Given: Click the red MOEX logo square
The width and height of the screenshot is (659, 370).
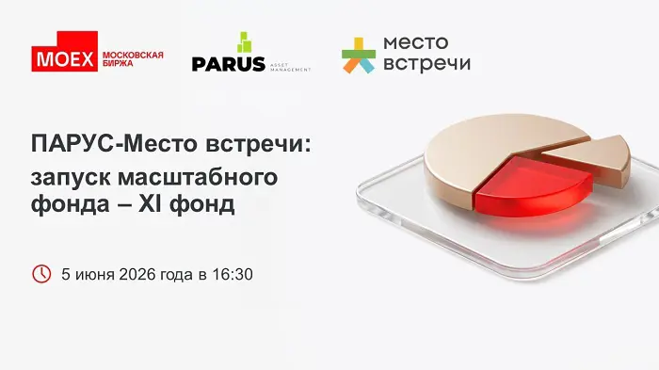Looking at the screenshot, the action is click(x=64, y=51).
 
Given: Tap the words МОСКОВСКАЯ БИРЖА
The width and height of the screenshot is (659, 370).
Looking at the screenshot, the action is click(x=133, y=59).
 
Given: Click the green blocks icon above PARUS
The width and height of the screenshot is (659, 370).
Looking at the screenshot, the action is click(x=244, y=42).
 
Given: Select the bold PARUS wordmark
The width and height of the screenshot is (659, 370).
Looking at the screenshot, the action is click(x=228, y=64).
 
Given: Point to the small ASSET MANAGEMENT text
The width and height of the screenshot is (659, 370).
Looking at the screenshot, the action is click(x=290, y=68).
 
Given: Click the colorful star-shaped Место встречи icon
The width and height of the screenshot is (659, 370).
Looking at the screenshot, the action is click(x=358, y=56).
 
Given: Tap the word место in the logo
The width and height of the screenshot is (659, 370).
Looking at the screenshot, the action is click(x=416, y=42).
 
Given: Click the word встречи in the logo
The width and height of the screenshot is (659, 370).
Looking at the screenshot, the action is click(x=426, y=63).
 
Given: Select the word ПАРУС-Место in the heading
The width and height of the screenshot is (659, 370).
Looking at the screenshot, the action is click(x=114, y=144).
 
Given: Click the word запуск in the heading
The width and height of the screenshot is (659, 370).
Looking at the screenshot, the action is click(x=71, y=178).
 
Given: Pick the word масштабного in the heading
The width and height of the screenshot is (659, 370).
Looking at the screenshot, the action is click(x=198, y=177).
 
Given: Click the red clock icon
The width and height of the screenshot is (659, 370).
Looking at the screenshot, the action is click(x=41, y=274).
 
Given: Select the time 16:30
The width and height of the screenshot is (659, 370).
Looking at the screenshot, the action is click(x=233, y=275).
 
